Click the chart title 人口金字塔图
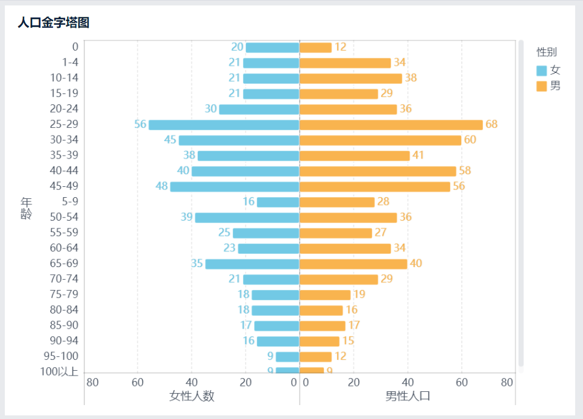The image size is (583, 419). click(x=54, y=23)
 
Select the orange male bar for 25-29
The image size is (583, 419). click(x=391, y=125)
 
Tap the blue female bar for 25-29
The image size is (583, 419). click(x=224, y=125)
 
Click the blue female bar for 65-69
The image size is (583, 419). click(x=252, y=264)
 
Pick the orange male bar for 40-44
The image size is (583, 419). click(x=377, y=171)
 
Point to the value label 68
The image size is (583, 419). click(x=491, y=124)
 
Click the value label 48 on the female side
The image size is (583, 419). click(x=162, y=186)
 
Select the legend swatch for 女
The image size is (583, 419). click(x=541, y=71)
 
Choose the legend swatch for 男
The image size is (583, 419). click(x=541, y=86)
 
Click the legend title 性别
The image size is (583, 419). click(x=546, y=52)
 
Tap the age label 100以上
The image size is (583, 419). click(x=59, y=371)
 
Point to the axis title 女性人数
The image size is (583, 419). click(x=192, y=396)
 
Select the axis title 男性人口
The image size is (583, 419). click(x=408, y=396)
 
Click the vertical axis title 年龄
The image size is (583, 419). click(x=26, y=208)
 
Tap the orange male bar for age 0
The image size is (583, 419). click(x=315, y=48)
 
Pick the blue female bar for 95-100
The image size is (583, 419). click(x=288, y=357)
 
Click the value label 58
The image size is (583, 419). click(x=465, y=171)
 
